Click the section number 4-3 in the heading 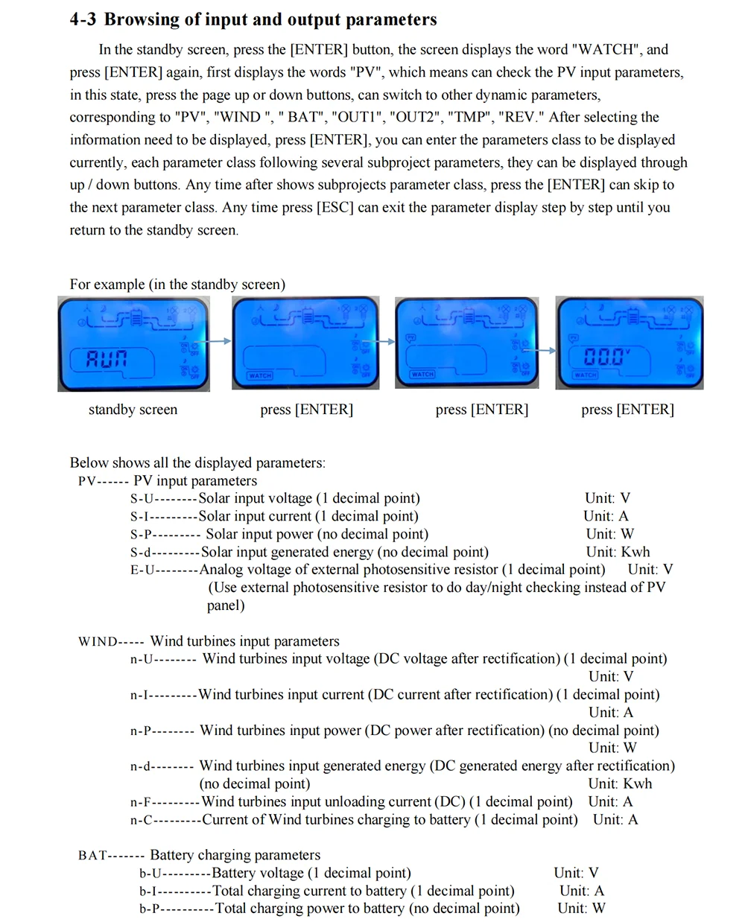[83, 19]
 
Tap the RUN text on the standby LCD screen [107, 359]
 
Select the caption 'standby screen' [133, 410]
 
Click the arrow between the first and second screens [221, 341]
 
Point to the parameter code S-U [141, 499]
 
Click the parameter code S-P [141, 535]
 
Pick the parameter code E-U [141, 570]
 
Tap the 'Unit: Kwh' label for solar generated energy [618, 552]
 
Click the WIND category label [98, 642]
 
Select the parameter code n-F [141, 803]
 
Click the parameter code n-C [141, 821]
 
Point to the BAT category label [92, 856]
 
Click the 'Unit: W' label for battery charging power [581, 909]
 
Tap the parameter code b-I [149, 891]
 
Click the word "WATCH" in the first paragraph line [606, 50]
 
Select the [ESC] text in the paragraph [335, 208]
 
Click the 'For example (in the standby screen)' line [177, 284]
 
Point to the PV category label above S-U [87, 481]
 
